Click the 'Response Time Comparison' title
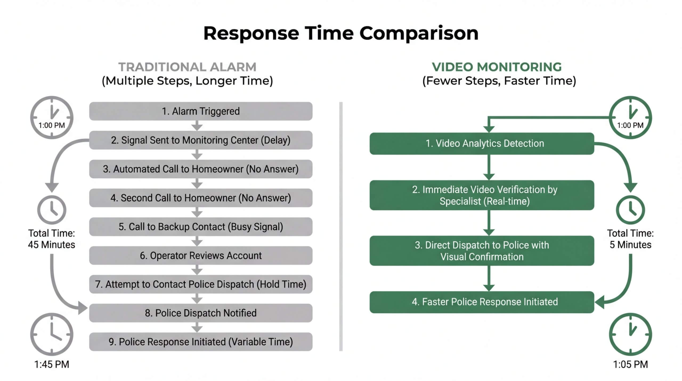click(x=341, y=33)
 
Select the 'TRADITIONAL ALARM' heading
click(x=187, y=67)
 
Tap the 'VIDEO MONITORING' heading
click(x=497, y=67)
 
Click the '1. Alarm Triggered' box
click(x=201, y=111)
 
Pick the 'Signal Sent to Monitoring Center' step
click(x=201, y=140)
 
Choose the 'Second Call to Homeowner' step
click(x=201, y=198)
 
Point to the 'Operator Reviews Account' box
click(x=201, y=255)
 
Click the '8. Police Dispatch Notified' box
click(x=201, y=313)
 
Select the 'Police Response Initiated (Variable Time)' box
click(x=201, y=342)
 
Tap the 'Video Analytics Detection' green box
click(x=482, y=143)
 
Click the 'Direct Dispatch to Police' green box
click(x=482, y=251)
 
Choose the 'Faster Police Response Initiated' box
click(x=482, y=302)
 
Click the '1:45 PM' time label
click(x=52, y=364)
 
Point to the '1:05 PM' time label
click(x=630, y=364)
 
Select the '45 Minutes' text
click(x=52, y=245)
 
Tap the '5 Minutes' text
click(x=630, y=245)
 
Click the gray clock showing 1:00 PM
click(x=52, y=117)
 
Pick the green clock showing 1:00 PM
click(x=630, y=117)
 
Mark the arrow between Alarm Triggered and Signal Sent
click(x=197, y=126)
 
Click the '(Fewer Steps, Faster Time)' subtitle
click(x=499, y=81)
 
